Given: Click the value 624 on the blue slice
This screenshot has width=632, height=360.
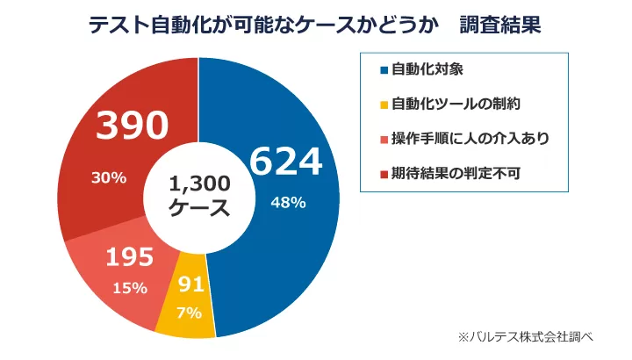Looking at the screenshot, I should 286,162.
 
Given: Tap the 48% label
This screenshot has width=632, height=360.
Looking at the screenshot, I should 288,203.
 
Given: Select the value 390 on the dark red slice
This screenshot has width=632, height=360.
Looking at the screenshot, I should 133,128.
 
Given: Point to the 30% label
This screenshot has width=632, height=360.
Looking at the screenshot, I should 110,177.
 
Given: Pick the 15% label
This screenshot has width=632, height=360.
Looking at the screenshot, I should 130,288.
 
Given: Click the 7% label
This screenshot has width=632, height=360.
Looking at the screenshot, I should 190,313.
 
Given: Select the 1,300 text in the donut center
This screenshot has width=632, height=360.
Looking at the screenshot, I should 199,184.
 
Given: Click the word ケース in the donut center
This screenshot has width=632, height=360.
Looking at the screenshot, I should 199,209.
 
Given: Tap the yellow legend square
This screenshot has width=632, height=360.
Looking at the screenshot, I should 384,104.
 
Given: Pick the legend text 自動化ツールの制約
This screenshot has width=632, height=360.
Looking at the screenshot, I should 456,104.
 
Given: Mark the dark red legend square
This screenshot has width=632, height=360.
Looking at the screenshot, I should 384,173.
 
